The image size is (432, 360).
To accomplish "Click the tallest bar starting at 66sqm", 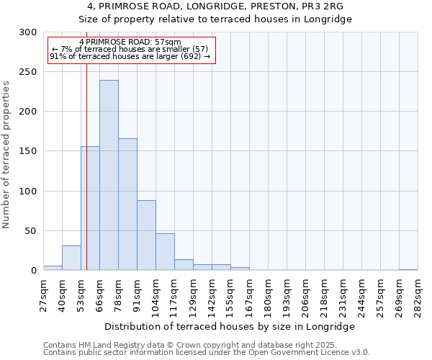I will tap(109, 175).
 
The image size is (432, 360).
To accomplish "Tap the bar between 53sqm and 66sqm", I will tap(90, 208).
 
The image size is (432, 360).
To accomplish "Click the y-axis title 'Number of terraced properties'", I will tap(6, 155).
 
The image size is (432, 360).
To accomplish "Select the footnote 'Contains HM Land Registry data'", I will tap(108, 345).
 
